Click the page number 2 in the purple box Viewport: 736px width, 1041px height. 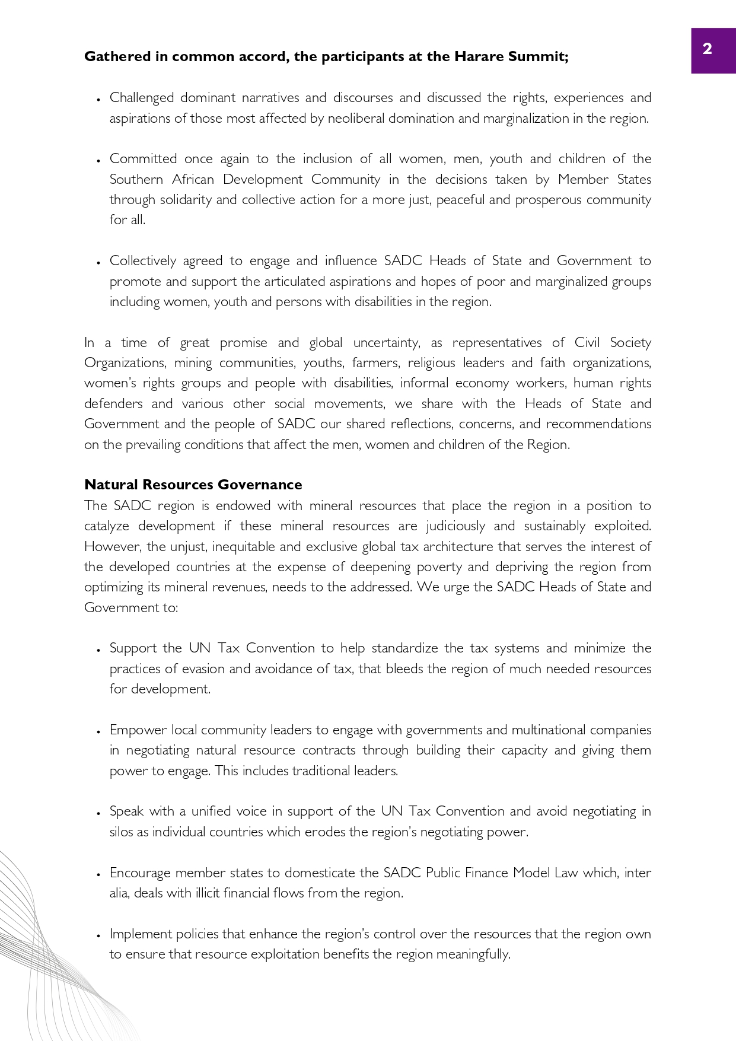click(707, 49)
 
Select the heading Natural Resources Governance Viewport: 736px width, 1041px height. click(193, 485)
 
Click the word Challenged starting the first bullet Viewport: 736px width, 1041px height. click(141, 98)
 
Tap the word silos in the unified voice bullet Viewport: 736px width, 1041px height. click(121, 832)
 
